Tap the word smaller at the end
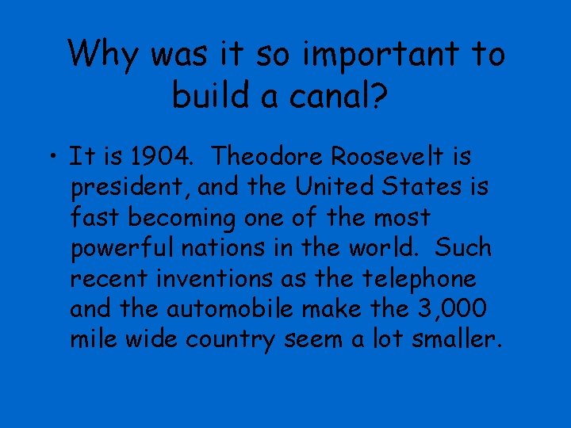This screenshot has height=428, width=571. coord(452,341)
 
